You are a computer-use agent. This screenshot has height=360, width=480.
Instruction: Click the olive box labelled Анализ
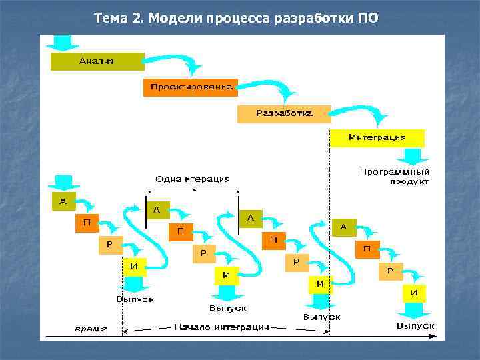97,61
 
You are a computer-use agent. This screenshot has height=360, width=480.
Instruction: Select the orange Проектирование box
191,87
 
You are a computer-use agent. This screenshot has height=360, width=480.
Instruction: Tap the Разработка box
284,113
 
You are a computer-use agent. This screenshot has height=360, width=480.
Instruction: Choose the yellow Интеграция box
377,138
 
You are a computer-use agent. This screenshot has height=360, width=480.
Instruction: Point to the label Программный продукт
394,177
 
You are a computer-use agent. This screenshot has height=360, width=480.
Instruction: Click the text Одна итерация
192,179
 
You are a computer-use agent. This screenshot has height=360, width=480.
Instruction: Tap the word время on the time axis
89,329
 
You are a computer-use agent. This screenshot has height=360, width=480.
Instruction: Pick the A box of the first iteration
64,202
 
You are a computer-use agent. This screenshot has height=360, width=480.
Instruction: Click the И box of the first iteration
134,266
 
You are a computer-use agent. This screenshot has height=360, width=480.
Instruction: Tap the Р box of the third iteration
297,262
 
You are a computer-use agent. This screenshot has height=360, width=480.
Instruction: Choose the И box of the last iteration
414,293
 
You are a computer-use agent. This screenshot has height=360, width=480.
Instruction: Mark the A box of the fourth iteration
343,227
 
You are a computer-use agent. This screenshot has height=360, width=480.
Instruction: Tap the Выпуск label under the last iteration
415,325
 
